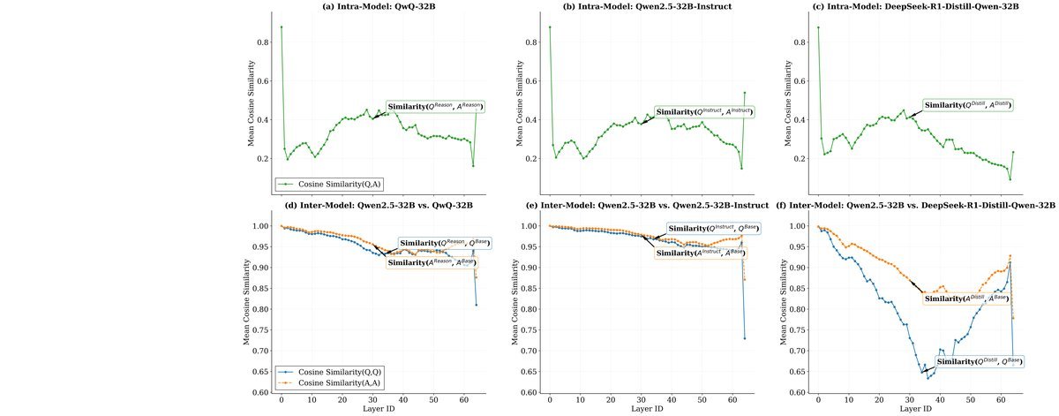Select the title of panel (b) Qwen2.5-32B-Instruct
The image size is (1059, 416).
[652, 8]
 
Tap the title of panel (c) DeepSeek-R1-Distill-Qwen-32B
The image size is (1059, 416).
[921, 8]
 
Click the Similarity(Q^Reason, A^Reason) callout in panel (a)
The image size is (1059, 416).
[435, 107]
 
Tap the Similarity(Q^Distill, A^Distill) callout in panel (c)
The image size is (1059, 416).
[968, 105]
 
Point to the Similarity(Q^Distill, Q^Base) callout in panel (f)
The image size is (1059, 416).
[980, 361]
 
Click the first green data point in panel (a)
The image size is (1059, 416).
[282, 27]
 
